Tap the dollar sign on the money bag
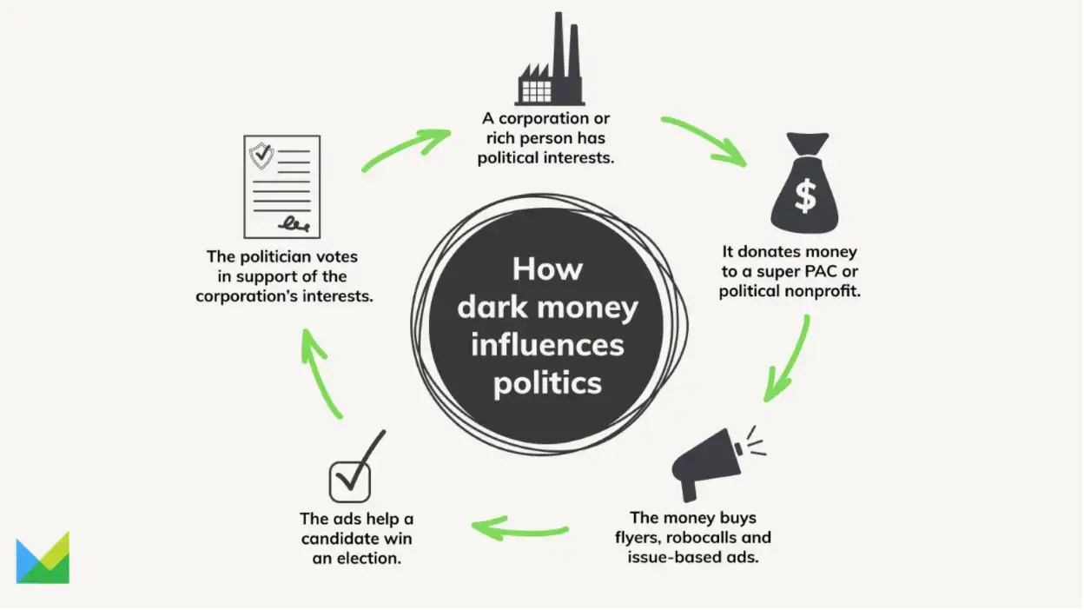coord(805,196)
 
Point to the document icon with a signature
coord(281,187)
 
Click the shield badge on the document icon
coord(261,156)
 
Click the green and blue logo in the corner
coord(43,558)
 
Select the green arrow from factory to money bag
coord(704,141)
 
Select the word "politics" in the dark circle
coord(547,382)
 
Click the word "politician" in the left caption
coord(277,256)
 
